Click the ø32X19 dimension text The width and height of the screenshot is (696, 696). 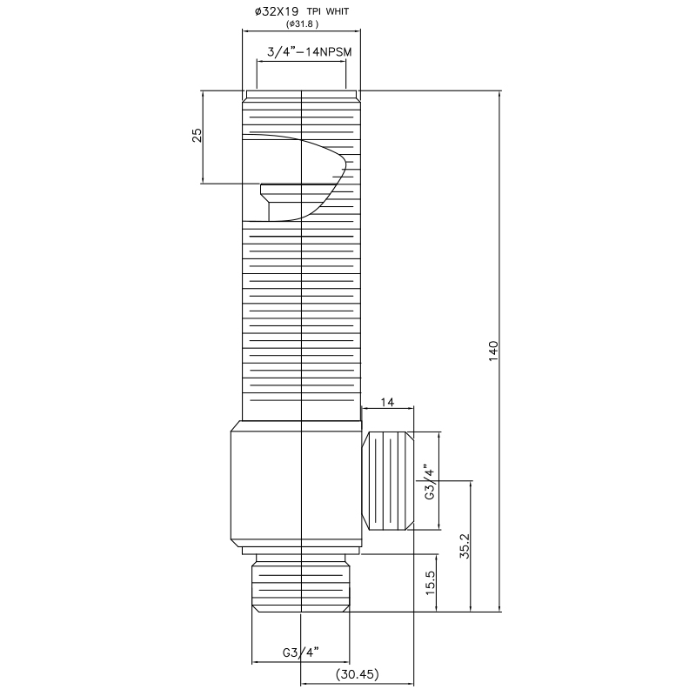coord(276,11)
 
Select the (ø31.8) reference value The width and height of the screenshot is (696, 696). coord(302,24)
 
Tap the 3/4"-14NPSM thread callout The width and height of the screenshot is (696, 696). coord(309,52)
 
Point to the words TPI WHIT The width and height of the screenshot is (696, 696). coord(328,11)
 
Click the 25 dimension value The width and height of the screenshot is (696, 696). coord(197,135)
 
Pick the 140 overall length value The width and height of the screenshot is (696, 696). coord(493,351)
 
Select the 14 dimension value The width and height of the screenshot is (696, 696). coord(387,402)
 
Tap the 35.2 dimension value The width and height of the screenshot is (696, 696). coord(465,545)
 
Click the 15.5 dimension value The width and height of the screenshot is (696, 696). coord(430,583)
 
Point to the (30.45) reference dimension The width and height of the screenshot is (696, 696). coord(358,674)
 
